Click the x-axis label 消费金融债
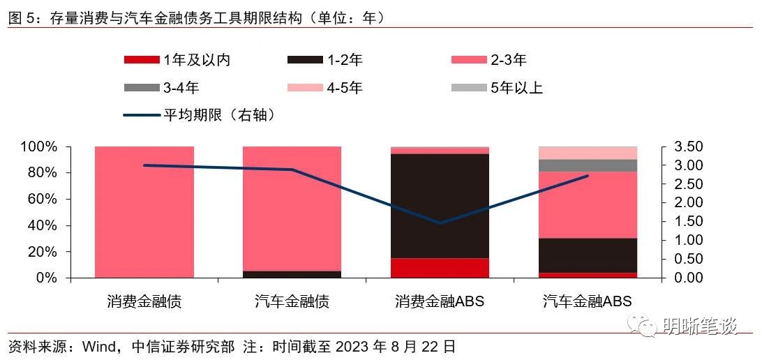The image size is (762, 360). coord(144,302)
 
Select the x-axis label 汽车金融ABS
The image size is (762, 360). coord(588,302)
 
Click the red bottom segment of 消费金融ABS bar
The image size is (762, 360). coord(440,268)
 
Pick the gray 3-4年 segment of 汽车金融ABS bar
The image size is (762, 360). coord(588,165)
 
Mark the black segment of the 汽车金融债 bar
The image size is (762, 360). coord(292,274)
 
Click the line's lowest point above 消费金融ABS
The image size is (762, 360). coord(440,223)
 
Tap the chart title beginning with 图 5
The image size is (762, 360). coord(196,17)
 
